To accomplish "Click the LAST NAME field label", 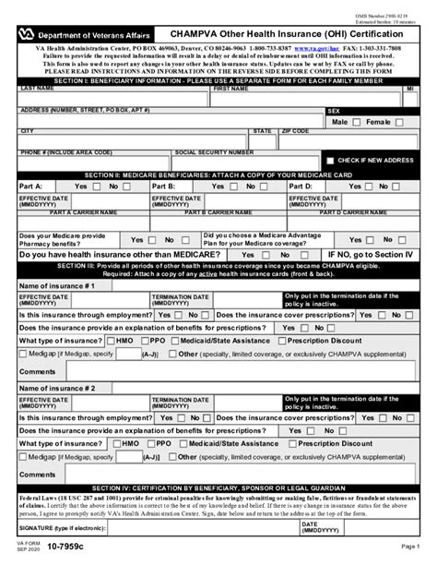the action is [38, 90].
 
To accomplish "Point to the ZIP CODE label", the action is [296, 131].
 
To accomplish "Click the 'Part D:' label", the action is [303, 186].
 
